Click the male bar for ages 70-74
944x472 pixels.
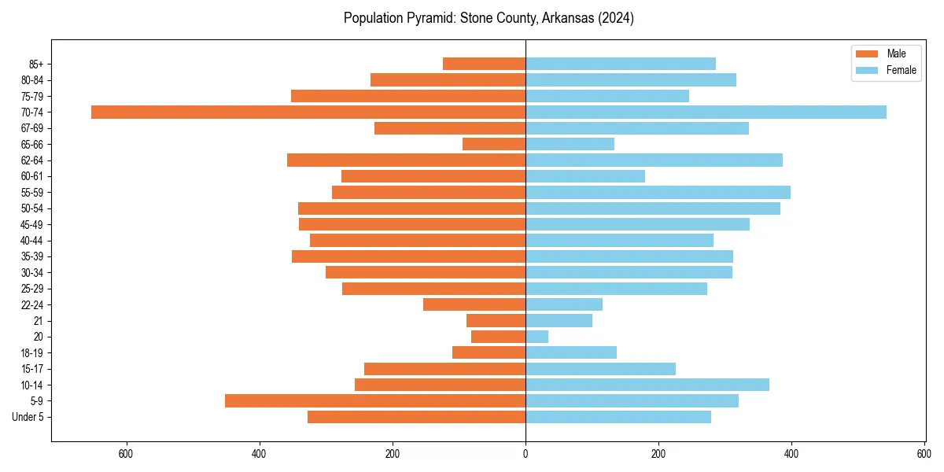point(308,112)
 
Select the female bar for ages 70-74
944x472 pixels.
point(706,112)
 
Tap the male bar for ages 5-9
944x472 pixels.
point(375,400)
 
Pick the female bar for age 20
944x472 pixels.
point(537,337)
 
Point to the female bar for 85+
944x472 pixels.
point(621,64)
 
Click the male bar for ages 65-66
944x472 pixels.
point(494,144)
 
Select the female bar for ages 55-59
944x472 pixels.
point(658,192)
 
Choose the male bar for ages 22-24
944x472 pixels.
point(474,304)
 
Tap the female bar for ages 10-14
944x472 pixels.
point(647,385)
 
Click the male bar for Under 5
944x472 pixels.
point(416,417)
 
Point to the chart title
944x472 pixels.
point(489,18)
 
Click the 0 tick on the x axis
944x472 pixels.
point(525,454)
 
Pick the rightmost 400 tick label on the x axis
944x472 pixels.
point(791,454)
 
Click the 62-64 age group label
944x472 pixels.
point(32,160)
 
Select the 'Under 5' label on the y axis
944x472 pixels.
point(28,417)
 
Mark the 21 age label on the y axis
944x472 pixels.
point(38,321)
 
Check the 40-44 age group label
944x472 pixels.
point(32,241)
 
